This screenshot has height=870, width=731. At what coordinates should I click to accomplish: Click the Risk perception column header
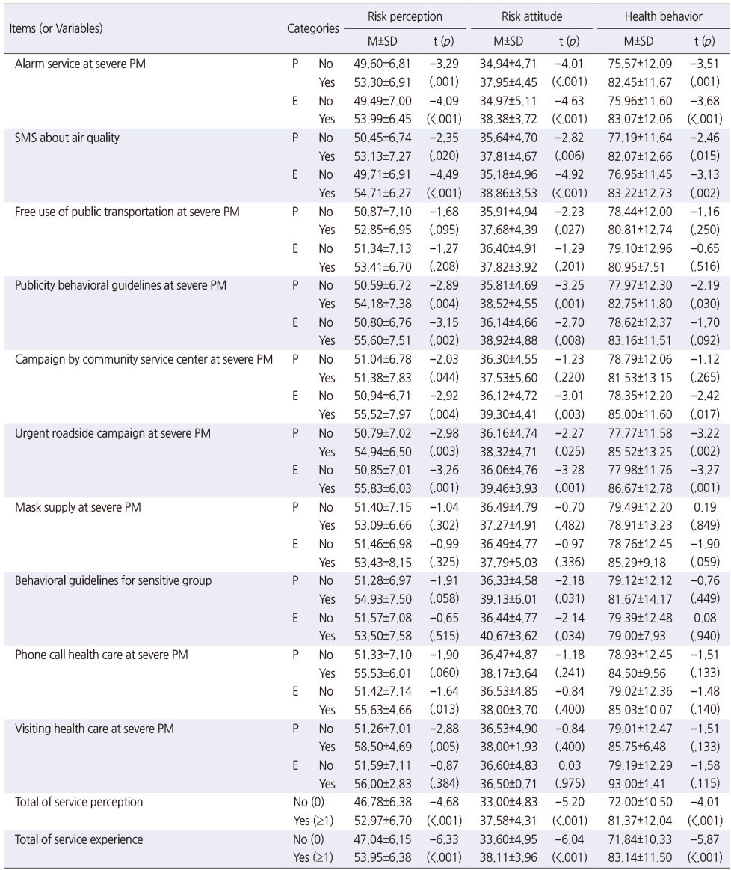click(x=405, y=16)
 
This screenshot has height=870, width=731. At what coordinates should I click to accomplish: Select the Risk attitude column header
click(x=531, y=16)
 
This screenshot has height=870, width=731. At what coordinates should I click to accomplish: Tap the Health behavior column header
click(x=664, y=16)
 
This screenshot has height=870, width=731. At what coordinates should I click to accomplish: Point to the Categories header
click(x=312, y=28)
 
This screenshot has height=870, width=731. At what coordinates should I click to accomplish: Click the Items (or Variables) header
click(x=56, y=28)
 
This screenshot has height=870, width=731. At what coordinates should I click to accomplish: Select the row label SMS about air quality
click(x=67, y=138)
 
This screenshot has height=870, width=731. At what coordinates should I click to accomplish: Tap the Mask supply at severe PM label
click(x=78, y=507)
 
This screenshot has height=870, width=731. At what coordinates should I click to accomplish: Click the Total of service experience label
click(x=78, y=839)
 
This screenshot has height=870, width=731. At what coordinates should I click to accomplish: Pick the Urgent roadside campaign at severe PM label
click(x=113, y=433)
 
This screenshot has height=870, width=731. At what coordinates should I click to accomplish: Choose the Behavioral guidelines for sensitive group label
click(x=113, y=581)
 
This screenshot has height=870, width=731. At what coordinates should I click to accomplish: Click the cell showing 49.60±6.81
click(x=383, y=64)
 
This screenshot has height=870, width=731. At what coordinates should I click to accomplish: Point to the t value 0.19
click(x=704, y=507)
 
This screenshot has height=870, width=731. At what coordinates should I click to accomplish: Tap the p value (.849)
click(x=705, y=525)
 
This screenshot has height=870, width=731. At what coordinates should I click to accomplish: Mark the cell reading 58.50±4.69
click(x=383, y=747)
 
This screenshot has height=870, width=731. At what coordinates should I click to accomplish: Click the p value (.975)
click(x=569, y=783)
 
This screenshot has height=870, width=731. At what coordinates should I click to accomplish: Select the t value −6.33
click(x=444, y=839)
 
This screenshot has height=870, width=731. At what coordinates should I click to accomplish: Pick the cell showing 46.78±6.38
click(x=383, y=803)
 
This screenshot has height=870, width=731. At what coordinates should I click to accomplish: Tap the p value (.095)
click(x=444, y=230)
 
